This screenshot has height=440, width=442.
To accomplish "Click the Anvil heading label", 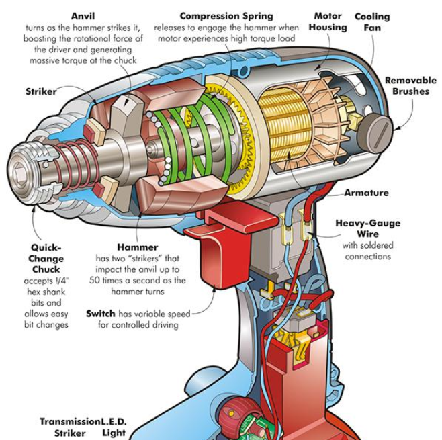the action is coord(83,16).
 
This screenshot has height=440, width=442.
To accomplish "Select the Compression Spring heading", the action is coord(226,16).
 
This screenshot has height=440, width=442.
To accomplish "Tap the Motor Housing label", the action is coord(328,21).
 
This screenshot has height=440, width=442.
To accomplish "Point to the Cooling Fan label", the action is coord(372,22).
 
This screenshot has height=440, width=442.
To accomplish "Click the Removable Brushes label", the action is coord(410,86).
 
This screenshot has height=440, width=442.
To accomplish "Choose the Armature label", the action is coord(367,193).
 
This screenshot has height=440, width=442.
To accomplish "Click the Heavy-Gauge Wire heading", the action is coord(368,228).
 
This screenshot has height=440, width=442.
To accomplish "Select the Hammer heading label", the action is coord(138,247).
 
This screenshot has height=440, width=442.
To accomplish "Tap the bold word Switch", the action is coord(101,314).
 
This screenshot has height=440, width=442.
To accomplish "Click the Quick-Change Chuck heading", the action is coord(46,259).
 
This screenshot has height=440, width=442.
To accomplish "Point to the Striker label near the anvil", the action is coord(41,91).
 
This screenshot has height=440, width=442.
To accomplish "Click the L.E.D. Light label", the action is coord(114,427).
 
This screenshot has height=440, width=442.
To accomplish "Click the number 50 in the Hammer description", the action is coord(95,281).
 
